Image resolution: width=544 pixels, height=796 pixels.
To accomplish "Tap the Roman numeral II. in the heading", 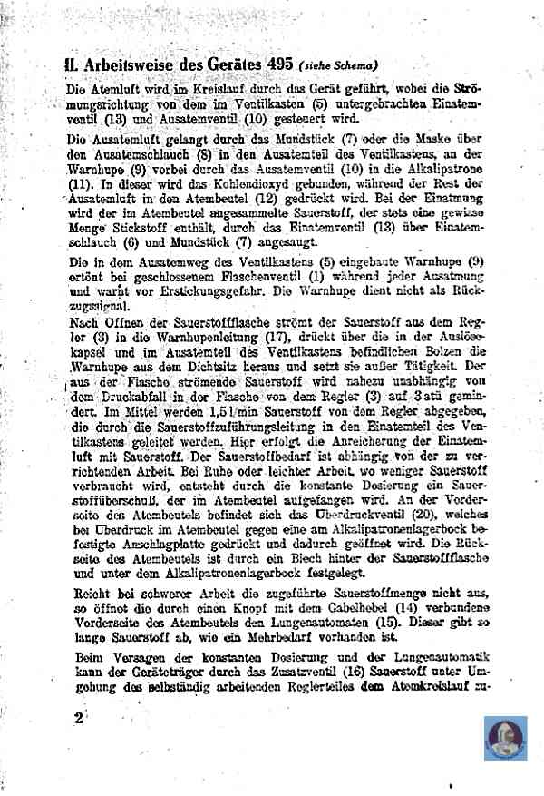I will (x=72, y=65).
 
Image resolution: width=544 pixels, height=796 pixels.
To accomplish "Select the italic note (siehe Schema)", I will (x=337, y=65).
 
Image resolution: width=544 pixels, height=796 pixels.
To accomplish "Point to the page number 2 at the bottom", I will (x=79, y=718).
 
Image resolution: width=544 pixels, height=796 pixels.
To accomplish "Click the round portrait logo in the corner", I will (x=505, y=738).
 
